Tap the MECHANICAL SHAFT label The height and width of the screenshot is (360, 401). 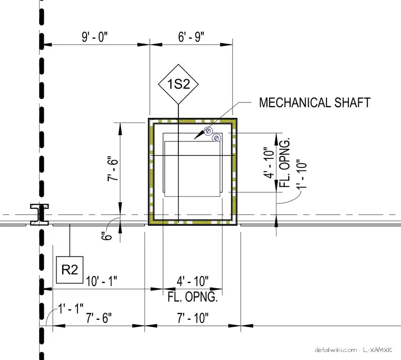point(315,102)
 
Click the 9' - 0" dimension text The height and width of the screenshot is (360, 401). point(94,37)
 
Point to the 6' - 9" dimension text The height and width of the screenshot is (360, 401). point(191,37)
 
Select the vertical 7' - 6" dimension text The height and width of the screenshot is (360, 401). point(113,168)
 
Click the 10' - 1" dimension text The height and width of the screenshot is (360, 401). point(101,281)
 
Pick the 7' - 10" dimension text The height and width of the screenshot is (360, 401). point(193,318)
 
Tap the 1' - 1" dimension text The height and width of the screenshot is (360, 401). point(71,309)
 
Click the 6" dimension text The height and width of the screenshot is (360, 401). point(107,235)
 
